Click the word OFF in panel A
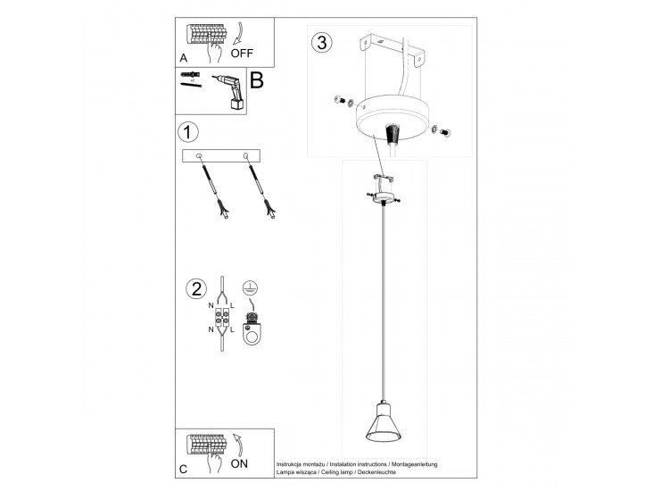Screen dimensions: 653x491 tap(242, 54)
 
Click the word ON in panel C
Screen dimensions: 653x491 tap(239, 463)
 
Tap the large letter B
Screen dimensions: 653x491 tap(257, 80)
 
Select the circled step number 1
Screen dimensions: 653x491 tap(188, 132)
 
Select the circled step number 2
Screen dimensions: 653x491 tap(196, 289)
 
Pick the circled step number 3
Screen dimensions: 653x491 tap(322, 42)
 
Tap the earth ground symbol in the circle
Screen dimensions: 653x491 tap(250, 288)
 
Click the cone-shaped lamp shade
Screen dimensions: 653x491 tap(383, 421)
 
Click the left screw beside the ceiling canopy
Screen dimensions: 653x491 tap(339, 100)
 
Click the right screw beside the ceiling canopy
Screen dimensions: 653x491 tap(446, 133)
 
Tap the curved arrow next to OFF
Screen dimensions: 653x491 tap(238, 33)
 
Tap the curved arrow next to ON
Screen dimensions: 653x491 tap(238, 445)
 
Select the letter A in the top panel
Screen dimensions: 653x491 tap(183, 58)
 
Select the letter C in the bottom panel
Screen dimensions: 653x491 tap(183, 470)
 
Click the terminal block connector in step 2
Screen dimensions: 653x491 tap(221, 318)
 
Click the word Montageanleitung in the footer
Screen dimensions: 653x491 tap(414, 464)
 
